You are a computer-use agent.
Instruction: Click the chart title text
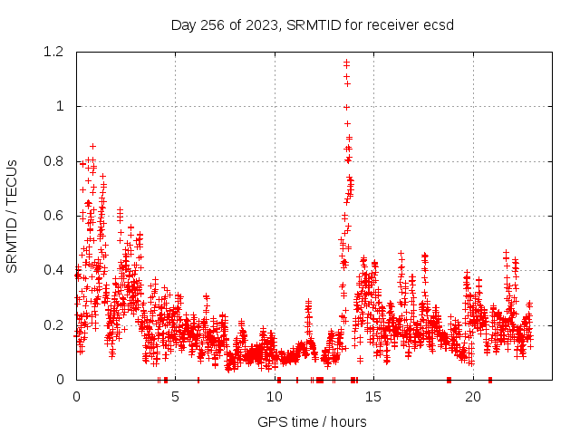click(x=313, y=24)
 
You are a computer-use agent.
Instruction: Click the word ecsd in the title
click(x=439, y=24)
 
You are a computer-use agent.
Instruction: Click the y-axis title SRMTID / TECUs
click(x=12, y=216)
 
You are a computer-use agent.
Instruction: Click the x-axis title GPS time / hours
click(x=313, y=421)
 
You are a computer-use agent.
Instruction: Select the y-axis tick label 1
click(x=63, y=106)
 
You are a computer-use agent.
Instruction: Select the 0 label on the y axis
click(x=63, y=379)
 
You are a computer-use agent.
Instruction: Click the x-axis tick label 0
click(x=76, y=397)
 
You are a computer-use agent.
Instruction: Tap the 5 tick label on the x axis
click(x=176, y=397)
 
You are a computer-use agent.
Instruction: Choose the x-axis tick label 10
click(x=275, y=397)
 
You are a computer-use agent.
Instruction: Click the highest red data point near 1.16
click(x=346, y=62)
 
